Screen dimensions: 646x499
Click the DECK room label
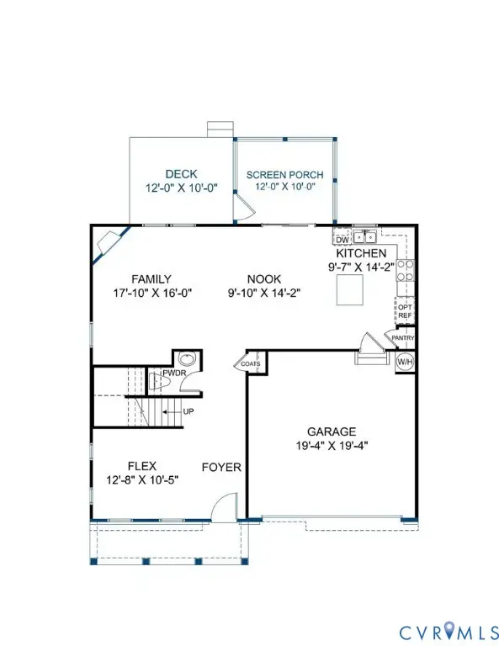coord(181,174)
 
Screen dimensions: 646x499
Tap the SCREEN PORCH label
coord(284,175)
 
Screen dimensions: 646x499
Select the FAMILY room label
coord(152,279)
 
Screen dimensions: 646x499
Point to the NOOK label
coord(264,279)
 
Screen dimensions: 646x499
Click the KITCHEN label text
coord(361,253)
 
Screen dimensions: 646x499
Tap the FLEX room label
coord(142,465)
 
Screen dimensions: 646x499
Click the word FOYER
coord(221,467)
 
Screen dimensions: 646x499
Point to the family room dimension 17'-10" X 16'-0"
coord(152,294)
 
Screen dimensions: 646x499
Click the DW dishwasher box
coord(342,240)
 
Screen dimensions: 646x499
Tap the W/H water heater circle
coord(405,361)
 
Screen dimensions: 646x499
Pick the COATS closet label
coord(252,364)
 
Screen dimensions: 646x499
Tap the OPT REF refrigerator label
coord(405,311)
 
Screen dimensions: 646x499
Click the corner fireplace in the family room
coord(109,245)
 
